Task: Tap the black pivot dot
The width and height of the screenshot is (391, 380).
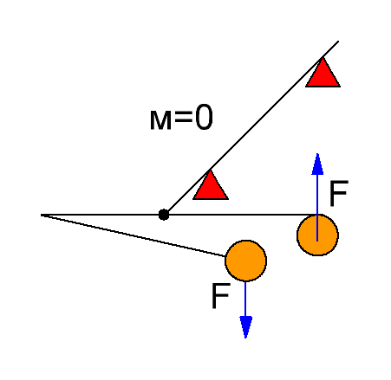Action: pos(164,215)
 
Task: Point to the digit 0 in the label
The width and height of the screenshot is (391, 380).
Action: pos(204,117)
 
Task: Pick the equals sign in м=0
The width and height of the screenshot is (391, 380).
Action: pos(183,117)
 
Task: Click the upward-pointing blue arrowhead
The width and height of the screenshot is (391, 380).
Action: pos(317,164)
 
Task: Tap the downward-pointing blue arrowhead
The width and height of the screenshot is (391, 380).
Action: pos(245,327)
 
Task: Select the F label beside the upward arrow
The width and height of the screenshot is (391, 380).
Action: pos(339,194)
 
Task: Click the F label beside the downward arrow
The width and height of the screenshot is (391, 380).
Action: pos(221,296)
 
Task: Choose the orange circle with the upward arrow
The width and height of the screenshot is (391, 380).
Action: pos(317,235)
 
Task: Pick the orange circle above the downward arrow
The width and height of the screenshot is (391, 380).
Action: pos(245,261)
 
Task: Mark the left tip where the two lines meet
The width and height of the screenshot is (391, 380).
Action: pos(42,215)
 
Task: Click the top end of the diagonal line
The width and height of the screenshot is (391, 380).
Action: pos(338,42)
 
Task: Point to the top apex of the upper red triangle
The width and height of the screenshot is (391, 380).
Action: pos(323,57)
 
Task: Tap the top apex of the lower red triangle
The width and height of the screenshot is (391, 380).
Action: pos(210,171)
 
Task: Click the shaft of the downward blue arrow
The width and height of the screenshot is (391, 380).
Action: pos(245,299)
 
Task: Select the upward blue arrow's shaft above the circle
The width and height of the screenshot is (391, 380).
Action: pos(317,195)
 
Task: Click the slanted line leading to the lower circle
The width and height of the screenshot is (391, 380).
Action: pos(134,235)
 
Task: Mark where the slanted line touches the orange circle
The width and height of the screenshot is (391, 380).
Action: pos(225,256)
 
